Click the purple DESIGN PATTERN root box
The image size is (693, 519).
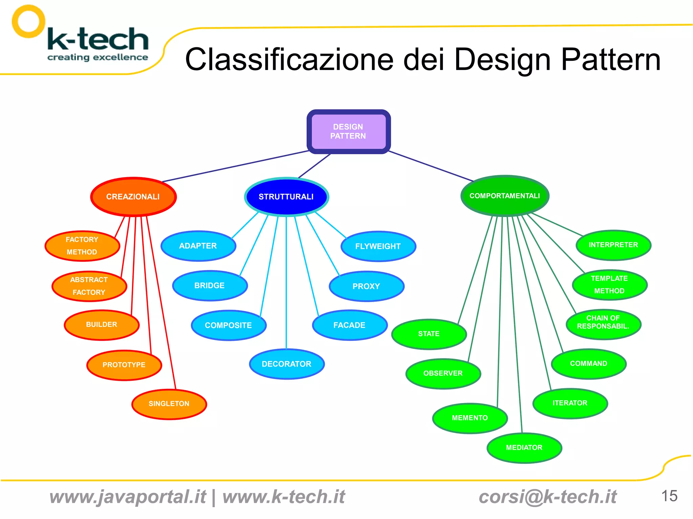(x=349, y=132)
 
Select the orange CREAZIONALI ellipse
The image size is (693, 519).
(x=133, y=197)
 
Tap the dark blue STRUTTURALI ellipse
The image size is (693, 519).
(x=286, y=197)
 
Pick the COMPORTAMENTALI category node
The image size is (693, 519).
(x=505, y=196)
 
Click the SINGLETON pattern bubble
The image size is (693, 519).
(x=169, y=404)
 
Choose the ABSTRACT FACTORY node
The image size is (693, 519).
(x=89, y=286)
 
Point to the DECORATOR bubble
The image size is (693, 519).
(x=287, y=364)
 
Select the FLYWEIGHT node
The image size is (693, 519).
(x=378, y=246)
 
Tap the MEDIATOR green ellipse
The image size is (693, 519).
(x=524, y=448)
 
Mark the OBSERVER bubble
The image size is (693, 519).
(x=443, y=374)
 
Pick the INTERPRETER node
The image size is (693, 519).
(x=613, y=245)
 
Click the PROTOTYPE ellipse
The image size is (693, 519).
(x=124, y=365)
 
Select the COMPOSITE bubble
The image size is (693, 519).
(x=228, y=326)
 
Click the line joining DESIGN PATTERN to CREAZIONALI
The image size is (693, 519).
(x=235, y=166)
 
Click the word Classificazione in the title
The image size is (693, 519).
(x=289, y=60)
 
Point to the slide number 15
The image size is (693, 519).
(x=669, y=496)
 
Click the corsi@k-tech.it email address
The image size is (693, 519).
(x=547, y=497)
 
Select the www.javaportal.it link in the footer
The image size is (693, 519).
(x=128, y=497)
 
